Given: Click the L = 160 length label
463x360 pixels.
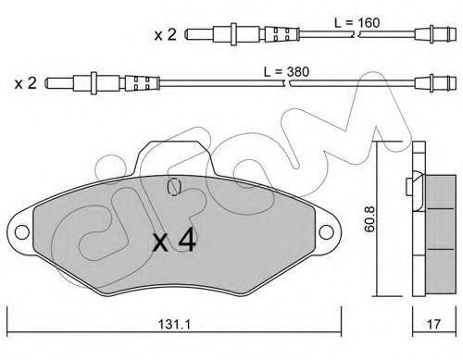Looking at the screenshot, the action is pos(357,22).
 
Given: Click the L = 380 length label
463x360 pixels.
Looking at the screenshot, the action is pos(286,71).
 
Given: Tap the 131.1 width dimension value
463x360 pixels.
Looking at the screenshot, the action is pos(175,324).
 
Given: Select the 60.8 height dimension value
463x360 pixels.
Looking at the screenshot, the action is pos(369,219).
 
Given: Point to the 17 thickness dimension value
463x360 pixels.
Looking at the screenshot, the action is pos(433,324).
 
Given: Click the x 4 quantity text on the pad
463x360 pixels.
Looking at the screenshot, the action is pos(174,240).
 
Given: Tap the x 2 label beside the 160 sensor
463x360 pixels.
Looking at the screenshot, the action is pos(166,34).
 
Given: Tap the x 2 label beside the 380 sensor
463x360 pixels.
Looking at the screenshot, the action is pos(26,83).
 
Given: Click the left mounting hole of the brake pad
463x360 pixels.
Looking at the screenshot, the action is pos(22,232).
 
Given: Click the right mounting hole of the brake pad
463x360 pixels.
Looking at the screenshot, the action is pos(326,232).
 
